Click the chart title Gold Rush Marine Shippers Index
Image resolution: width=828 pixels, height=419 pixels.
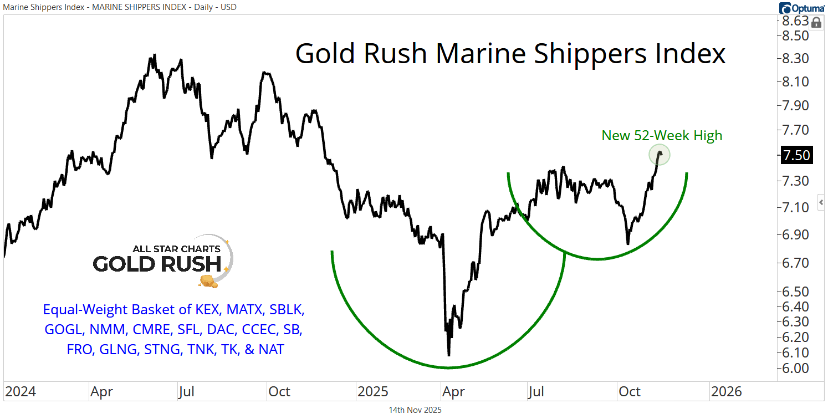(x=510, y=54)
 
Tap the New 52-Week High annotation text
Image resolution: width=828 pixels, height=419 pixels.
(x=662, y=135)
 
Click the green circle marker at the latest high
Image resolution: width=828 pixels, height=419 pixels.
(x=660, y=155)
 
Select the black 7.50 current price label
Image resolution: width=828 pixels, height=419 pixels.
(x=796, y=155)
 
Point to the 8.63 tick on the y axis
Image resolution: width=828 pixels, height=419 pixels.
(x=794, y=21)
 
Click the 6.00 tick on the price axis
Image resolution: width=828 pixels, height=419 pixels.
(x=794, y=368)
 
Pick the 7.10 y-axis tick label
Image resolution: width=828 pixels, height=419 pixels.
(x=794, y=207)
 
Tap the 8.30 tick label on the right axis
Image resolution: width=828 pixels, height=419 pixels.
(x=794, y=58)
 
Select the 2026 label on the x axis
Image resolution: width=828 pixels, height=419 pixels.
(x=726, y=392)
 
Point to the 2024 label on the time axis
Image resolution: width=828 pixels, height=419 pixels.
(x=21, y=392)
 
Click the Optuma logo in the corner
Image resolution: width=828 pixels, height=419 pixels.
(x=801, y=8)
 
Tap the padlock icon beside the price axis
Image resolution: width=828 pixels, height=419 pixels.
(x=816, y=23)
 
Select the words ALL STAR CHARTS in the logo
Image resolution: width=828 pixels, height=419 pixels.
(x=176, y=249)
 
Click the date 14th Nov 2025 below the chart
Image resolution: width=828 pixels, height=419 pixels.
(x=415, y=410)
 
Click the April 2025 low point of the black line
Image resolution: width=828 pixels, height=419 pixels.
(x=448, y=355)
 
